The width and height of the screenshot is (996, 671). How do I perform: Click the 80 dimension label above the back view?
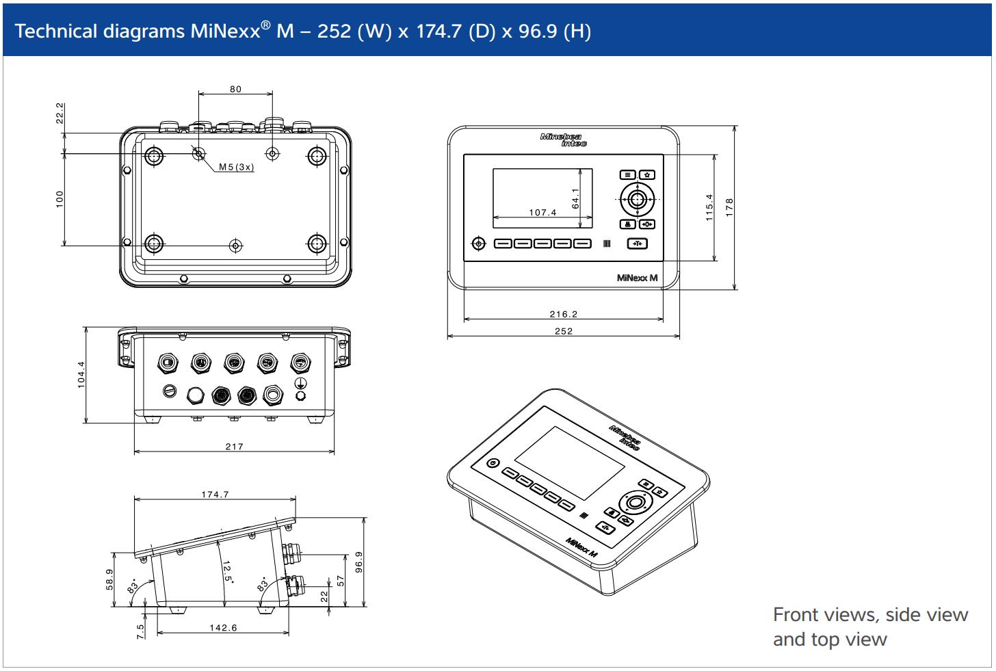(x=235, y=89)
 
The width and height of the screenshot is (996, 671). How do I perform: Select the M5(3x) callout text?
(x=236, y=167)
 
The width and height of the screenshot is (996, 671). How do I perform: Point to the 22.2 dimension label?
(x=60, y=114)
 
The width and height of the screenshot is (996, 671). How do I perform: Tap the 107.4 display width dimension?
(x=542, y=213)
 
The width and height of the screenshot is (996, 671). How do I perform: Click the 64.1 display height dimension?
(x=575, y=198)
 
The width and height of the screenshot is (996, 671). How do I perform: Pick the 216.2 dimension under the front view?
(x=563, y=315)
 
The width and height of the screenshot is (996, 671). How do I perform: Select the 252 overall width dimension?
(x=564, y=331)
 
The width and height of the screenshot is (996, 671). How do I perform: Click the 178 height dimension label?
(x=729, y=208)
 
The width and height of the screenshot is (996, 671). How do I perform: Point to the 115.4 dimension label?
(x=709, y=207)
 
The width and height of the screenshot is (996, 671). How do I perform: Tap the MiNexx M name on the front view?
(x=637, y=278)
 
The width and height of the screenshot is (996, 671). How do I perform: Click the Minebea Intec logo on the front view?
(x=563, y=140)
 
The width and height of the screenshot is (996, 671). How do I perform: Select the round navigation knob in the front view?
(x=638, y=200)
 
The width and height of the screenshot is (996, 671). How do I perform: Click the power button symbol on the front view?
(x=479, y=244)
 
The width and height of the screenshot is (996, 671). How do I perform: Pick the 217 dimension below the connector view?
(x=234, y=447)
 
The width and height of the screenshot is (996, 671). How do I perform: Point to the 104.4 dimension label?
(x=81, y=375)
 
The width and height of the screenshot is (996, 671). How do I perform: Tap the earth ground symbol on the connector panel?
(x=300, y=383)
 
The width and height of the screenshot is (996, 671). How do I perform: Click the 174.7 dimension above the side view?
(x=215, y=495)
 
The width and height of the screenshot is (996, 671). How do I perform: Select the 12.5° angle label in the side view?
(x=227, y=572)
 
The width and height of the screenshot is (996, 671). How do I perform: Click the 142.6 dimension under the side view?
(x=223, y=627)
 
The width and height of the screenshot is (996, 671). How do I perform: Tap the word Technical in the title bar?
(x=57, y=31)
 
